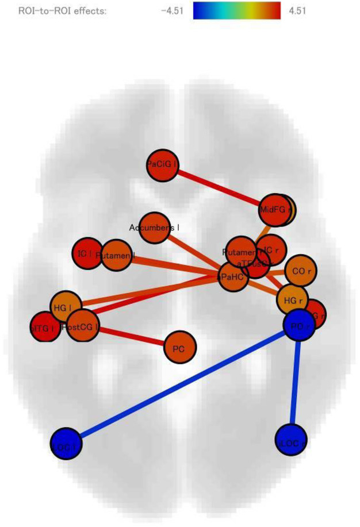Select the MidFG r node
[x=275, y=210]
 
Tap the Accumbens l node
[x=154, y=228]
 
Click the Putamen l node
[x=116, y=255]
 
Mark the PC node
[x=180, y=348]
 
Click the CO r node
[x=300, y=271]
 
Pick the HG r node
[x=293, y=299]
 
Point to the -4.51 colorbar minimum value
[x=171, y=10]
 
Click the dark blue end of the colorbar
[x=198, y=10]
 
